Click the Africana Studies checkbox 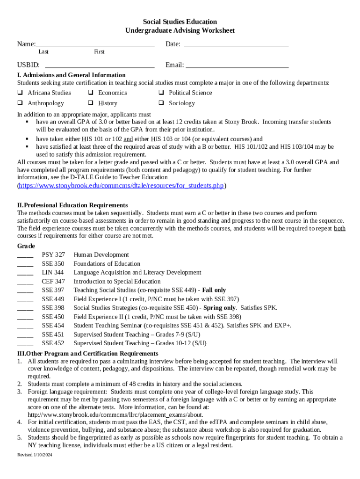(20, 93)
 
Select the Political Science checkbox (161, 93)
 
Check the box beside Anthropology (20, 103)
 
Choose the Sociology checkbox (161, 103)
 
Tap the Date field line (236, 45)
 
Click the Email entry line (237, 66)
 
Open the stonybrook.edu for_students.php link (122, 186)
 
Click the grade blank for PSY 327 (25, 255)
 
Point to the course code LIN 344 (53, 272)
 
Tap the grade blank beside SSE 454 (25, 326)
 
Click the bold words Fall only (214, 290)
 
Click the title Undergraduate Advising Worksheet (180, 30)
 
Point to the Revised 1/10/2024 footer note (35, 455)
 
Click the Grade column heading (26, 246)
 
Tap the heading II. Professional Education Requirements (72, 205)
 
